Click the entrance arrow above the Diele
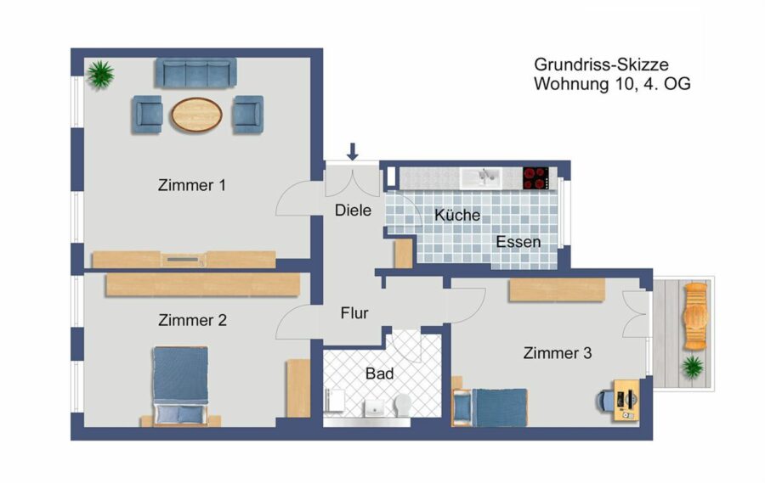pyautogui.click(x=352, y=152)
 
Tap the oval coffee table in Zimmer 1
pyautogui.click(x=196, y=115)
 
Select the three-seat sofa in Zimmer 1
pyautogui.click(x=196, y=73)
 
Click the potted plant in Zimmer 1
pyautogui.click(x=100, y=75)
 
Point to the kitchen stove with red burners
pyautogui.click(x=535, y=178)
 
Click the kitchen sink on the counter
pyautogui.click(x=479, y=178)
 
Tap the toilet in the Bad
pyautogui.click(x=403, y=405)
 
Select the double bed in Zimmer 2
pyautogui.click(x=180, y=385)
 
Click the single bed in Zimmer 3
pyautogui.click(x=490, y=407)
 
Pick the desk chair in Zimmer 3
pyautogui.click(x=604, y=402)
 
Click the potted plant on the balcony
pyautogui.click(x=692, y=367)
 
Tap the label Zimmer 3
pyautogui.click(x=557, y=353)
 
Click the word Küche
pyautogui.click(x=457, y=215)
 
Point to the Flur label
pyautogui.click(x=354, y=313)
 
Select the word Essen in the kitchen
pyautogui.click(x=518, y=242)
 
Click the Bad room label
pyautogui.click(x=380, y=373)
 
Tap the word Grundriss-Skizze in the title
pyautogui.click(x=601, y=65)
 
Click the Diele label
pyautogui.click(x=353, y=211)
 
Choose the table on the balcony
pyautogui.click(x=695, y=317)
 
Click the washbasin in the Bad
pyautogui.click(x=375, y=408)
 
